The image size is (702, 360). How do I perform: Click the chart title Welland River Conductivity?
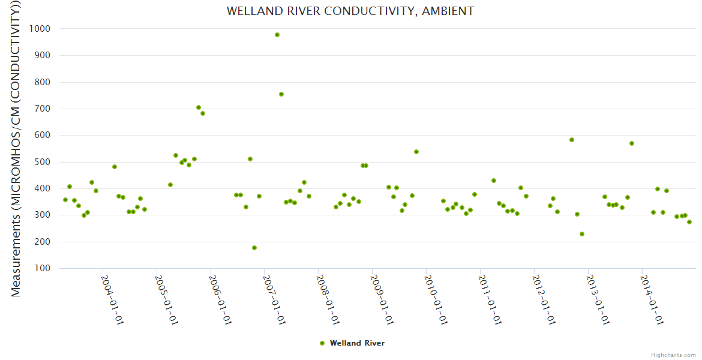coord(350,11)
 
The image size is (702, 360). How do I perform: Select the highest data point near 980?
coord(277,35)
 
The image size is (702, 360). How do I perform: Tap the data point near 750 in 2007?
coord(281,94)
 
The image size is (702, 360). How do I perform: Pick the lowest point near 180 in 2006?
coord(254,248)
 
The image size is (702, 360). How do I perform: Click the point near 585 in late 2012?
coord(572,140)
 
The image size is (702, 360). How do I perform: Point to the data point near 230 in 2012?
coord(582,234)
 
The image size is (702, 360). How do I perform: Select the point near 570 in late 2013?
coord(632,143)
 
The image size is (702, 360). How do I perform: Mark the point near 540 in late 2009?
coord(416,152)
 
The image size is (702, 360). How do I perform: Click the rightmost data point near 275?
coord(689,222)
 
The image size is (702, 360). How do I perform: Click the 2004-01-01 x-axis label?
coord(112,300)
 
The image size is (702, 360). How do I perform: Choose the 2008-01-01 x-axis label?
coord(328,300)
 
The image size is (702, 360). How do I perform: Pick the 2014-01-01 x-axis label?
coord(652,300)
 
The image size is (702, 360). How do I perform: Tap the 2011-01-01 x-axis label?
coord(490,300)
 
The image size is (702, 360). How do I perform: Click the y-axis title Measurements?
coord(16,150)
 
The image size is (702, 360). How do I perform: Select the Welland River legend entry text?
coord(357,343)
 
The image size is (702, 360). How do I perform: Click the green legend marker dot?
coord(322,343)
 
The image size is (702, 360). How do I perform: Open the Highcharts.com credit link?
coord(673,355)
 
